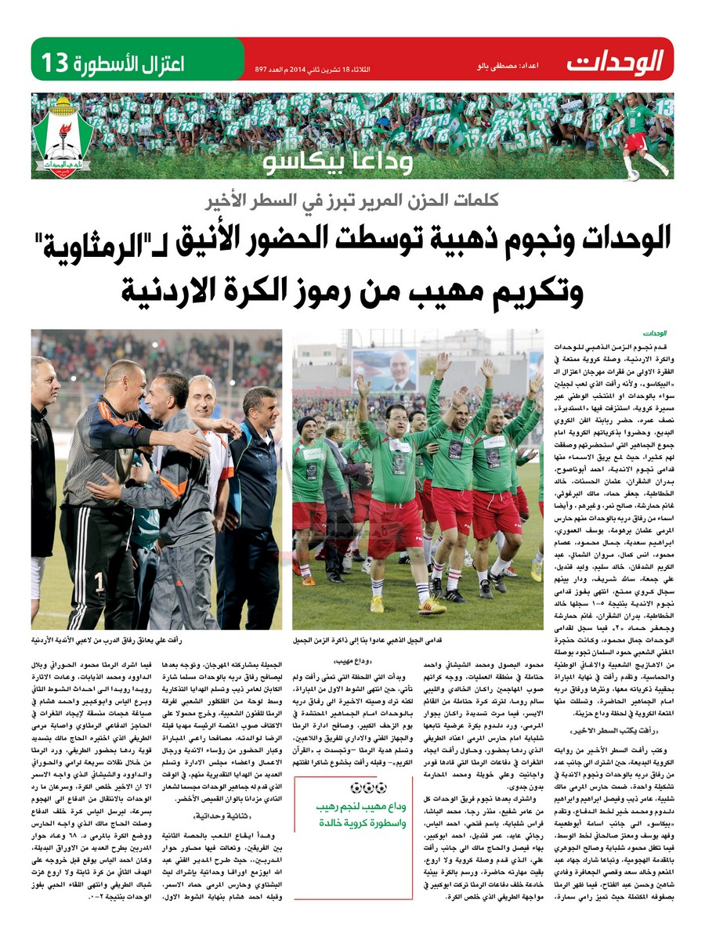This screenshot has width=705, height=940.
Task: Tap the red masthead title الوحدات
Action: coord(615,60)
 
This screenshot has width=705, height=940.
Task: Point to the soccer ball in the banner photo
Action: coord(632,175)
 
